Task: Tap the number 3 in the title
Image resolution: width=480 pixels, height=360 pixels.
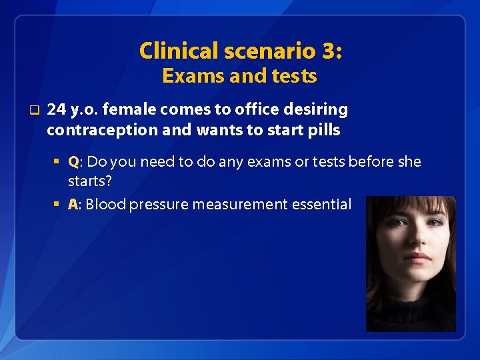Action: (331, 51)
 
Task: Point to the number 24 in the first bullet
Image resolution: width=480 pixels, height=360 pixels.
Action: (57, 109)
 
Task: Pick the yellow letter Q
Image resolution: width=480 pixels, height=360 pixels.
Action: (73, 162)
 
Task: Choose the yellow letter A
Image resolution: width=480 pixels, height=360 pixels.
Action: (73, 205)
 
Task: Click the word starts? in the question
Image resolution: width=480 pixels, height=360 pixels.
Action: (89, 181)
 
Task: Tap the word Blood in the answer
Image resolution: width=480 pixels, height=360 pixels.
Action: (106, 205)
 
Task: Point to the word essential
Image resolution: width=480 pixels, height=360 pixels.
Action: (322, 205)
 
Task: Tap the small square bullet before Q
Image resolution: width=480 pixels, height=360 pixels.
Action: (59, 162)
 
